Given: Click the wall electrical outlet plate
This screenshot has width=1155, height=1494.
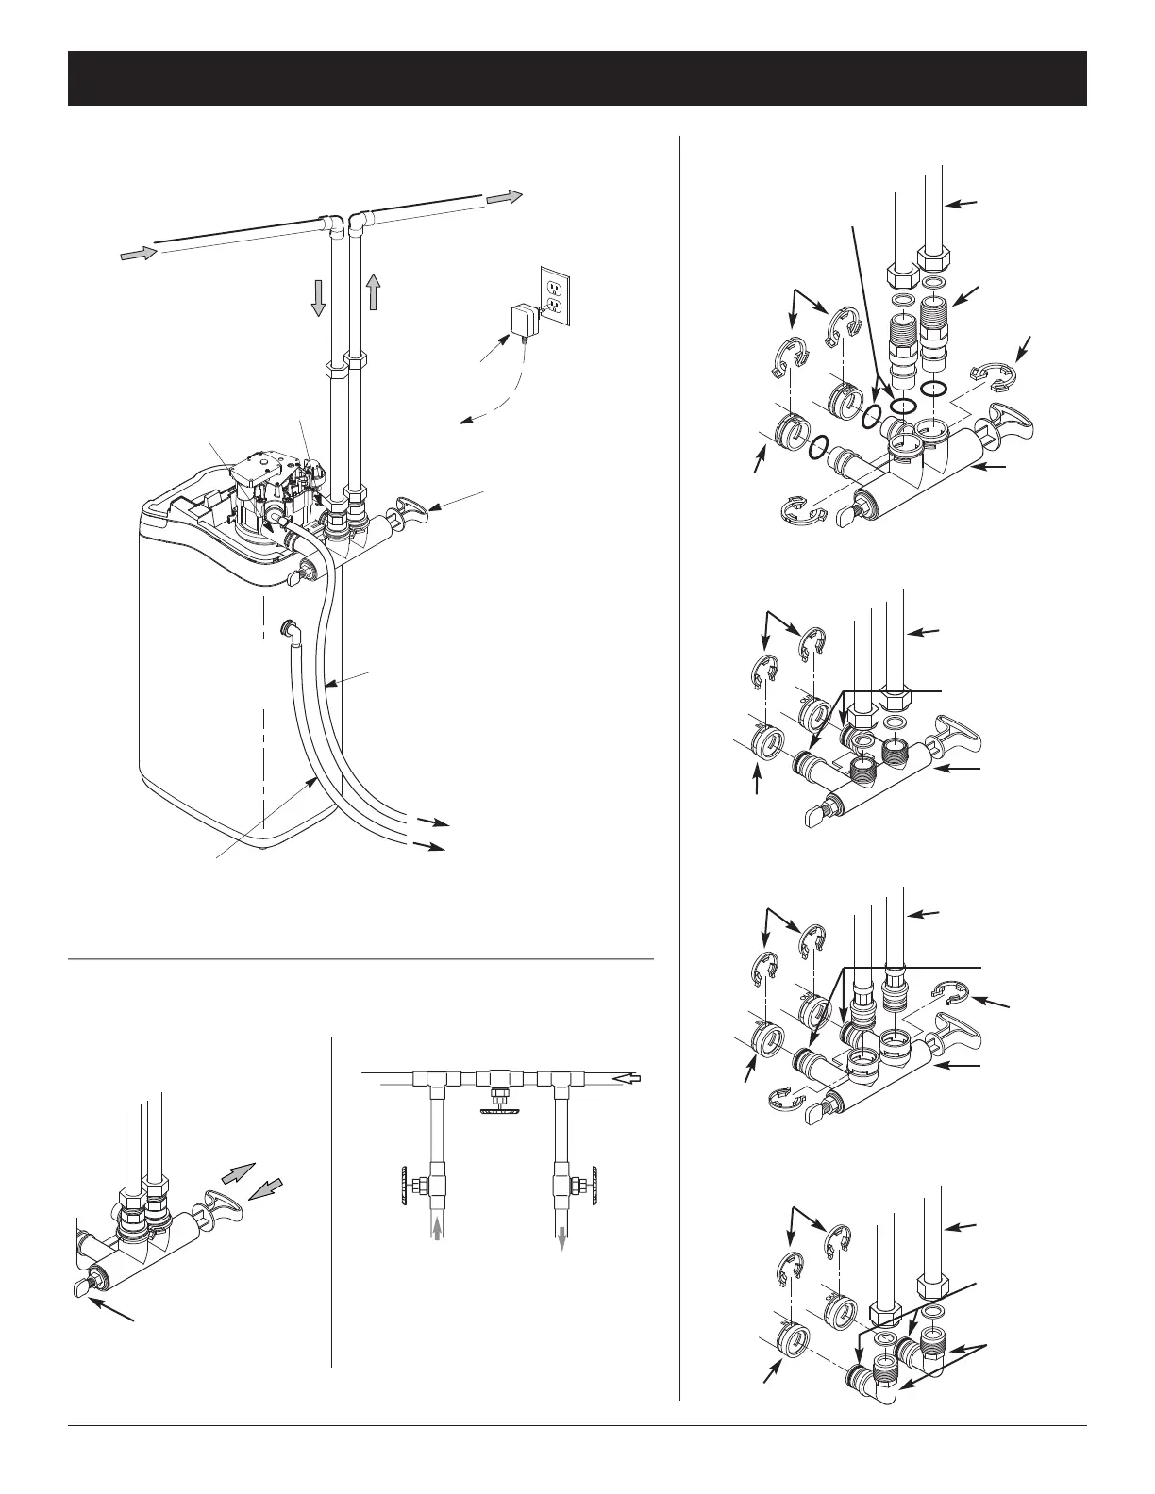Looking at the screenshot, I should pyautogui.click(x=554, y=296).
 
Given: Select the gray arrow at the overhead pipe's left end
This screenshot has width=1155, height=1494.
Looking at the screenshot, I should pyautogui.click(x=136, y=252).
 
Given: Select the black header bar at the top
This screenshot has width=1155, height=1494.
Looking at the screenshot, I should pyautogui.click(x=577, y=78).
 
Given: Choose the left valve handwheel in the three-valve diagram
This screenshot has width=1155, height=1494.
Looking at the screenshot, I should pyautogui.click(x=401, y=1182).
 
